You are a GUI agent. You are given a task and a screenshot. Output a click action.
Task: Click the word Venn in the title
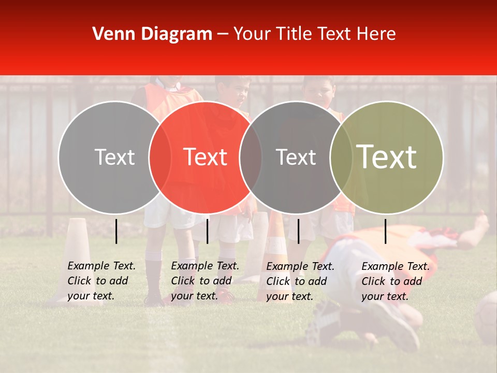click(x=110, y=34)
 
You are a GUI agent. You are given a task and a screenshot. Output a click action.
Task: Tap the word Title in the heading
click(x=294, y=34)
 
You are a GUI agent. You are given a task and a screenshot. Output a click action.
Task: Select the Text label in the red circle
click(x=205, y=157)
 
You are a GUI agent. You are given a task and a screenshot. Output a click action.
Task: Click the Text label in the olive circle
click(x=386, y=157)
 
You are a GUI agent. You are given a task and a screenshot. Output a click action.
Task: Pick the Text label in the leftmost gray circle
click(x=114, y=157)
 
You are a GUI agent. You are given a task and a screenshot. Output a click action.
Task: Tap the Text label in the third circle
click(x=296, y=157)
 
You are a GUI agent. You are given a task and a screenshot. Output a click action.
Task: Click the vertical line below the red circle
click(x=207, y=231)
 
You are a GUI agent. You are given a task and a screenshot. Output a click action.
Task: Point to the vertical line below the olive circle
click(x=386, y=231)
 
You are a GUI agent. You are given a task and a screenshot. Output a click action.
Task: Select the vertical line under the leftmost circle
click(x=116, y=231)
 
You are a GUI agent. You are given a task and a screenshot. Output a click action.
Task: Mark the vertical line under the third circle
click(x=298, y=231)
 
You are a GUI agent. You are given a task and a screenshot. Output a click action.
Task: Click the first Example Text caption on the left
click(x=101, y=281)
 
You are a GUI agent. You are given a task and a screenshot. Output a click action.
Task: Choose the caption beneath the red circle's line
click(x=204, y=281)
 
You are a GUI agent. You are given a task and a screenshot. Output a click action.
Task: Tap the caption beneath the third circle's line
click(x=300, y=281)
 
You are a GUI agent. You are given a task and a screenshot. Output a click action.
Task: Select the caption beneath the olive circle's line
click(x=395, y=281)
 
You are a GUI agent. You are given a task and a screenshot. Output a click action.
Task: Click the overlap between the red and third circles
click(x=251, y=157)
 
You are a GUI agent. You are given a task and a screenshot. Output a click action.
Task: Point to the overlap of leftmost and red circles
click(x=160, y=157)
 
